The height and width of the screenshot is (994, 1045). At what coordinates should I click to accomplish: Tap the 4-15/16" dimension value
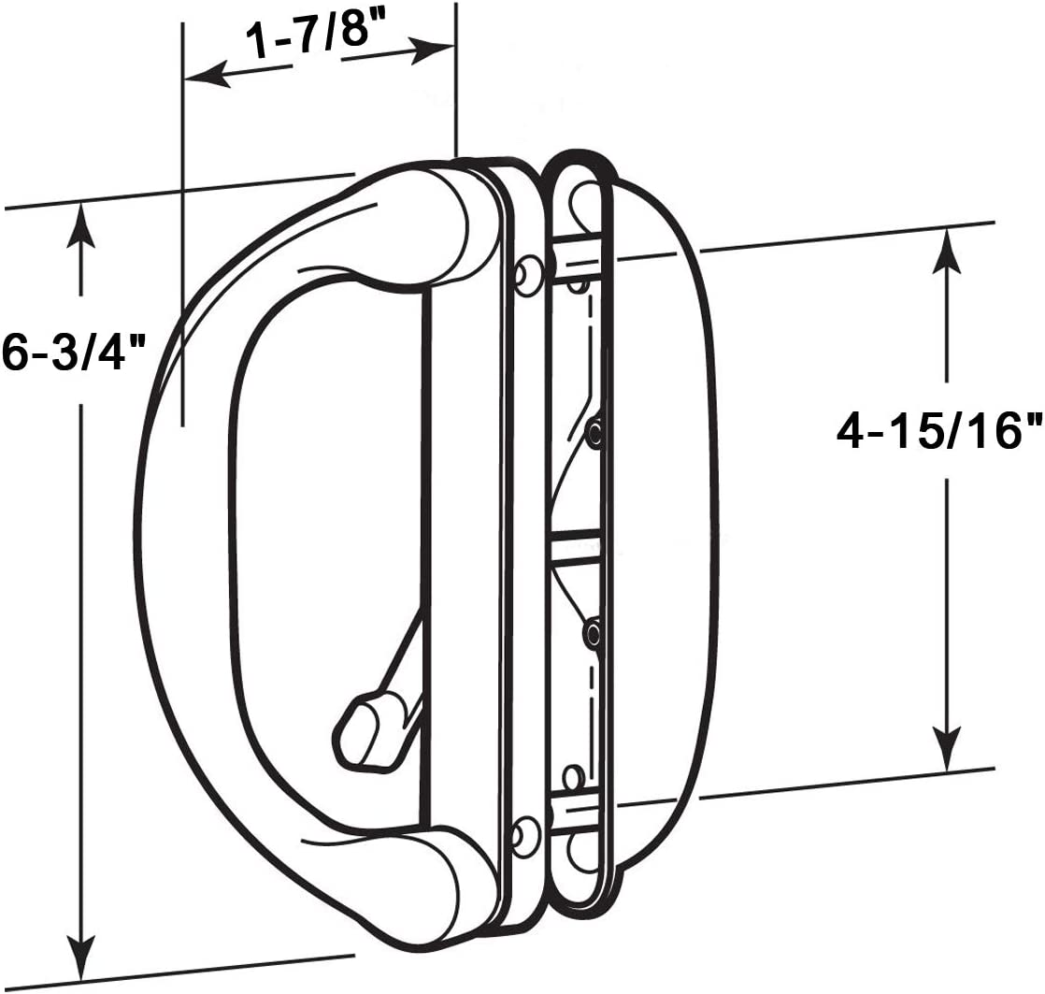[938, 433]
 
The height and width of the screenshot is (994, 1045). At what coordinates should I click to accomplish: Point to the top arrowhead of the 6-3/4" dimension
[83, 224]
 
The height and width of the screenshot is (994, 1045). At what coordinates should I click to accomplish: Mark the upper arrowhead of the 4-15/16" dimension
[948, 249]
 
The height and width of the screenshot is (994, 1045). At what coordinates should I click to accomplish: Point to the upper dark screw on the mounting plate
[594, 429]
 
